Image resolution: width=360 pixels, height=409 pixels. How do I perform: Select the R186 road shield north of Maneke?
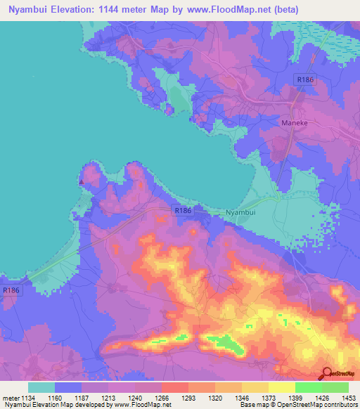click(304, 81)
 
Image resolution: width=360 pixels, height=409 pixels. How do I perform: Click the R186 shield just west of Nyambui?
click(182, 210)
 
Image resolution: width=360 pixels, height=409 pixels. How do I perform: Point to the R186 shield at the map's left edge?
click(11, 290)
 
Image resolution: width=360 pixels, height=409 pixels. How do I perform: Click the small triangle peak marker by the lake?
click(82, 181)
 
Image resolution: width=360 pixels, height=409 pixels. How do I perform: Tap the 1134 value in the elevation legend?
click(29, 396)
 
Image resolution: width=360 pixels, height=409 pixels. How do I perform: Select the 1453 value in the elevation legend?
click(340, 396)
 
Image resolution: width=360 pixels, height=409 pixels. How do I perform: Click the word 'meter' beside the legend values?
click(12, 396)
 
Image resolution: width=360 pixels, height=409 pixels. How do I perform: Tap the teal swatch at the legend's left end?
click(41, 387)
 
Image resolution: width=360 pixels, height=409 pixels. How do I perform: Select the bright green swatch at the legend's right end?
click(335, 387)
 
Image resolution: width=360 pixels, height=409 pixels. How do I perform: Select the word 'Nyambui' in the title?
click(30, 10)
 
